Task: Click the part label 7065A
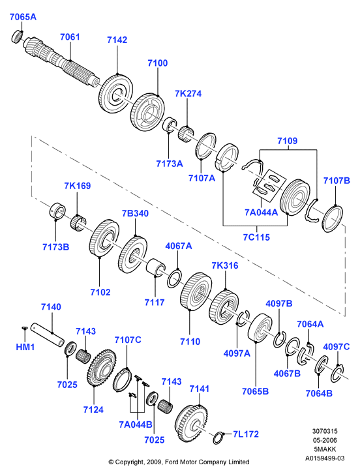[23, 17]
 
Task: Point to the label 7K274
[188, 93]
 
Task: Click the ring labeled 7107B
[332, 219]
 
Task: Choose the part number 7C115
[256, 237]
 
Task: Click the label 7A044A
[261, 212]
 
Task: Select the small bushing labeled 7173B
[57, 210]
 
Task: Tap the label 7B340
[136, 213]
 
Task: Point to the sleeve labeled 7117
[156, 267]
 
